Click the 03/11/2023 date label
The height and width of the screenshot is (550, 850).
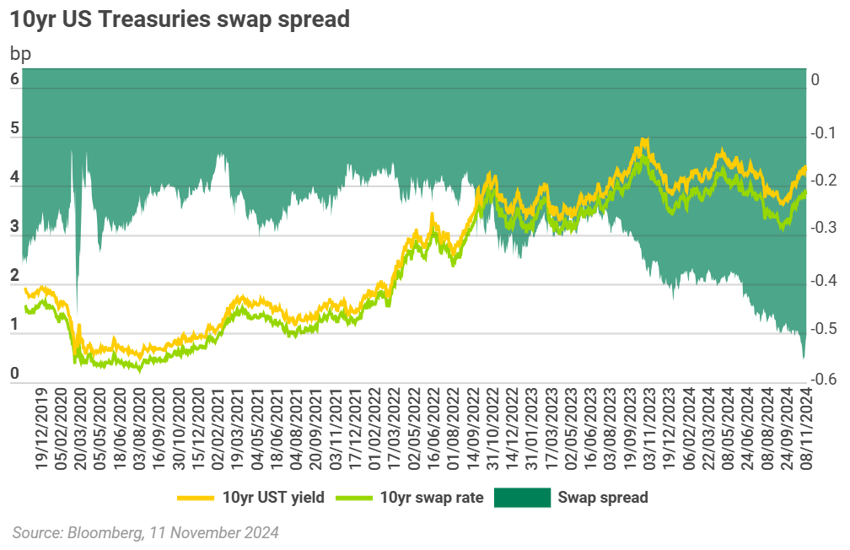tap(648, 425)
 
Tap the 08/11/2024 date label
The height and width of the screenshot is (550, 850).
tap(805, 425)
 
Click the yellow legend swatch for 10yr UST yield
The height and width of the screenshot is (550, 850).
tap(196, 498)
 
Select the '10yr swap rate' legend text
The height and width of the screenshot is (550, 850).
tap(431, 498)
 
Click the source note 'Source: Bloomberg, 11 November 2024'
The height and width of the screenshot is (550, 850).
tap(145, 533)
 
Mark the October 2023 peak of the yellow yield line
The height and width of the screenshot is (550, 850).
tap(644, 139)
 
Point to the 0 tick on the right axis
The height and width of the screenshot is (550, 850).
tap(815, 80)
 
